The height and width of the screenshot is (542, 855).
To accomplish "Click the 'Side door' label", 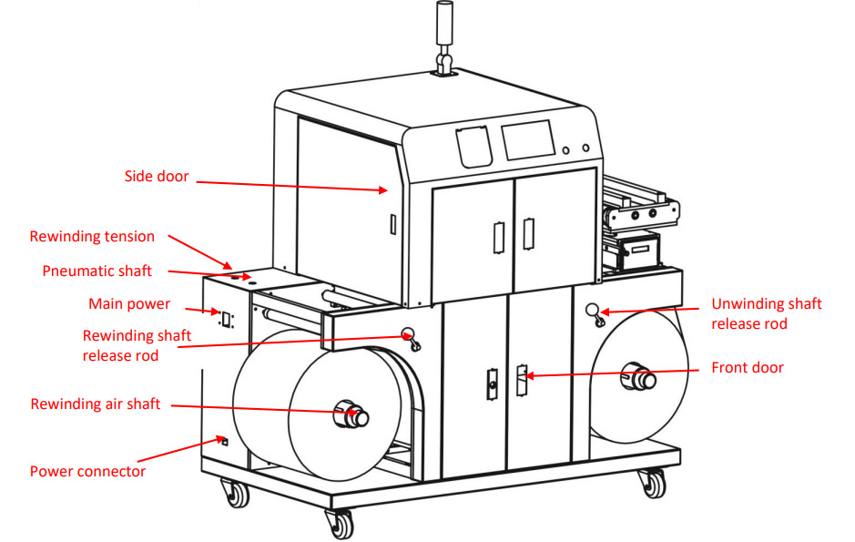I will [157, 176].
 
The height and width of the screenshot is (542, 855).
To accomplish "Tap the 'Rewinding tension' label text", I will [92, 237].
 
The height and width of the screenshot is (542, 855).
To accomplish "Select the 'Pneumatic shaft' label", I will [97, 271].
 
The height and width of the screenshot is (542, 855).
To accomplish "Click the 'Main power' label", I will [129, 303].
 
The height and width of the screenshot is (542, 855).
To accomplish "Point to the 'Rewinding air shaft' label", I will [96, 404].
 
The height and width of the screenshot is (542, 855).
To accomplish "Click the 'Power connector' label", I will [87, 471].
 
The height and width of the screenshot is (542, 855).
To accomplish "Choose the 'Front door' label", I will [747, 368].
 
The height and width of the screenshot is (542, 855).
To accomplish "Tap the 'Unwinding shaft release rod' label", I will [766, 313].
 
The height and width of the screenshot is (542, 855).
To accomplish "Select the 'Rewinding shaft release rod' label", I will [137, 345].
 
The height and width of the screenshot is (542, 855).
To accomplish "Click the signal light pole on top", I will [445, 36].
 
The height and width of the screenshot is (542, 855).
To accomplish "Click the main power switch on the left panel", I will [223, 318].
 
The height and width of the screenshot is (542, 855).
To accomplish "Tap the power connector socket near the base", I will [224, 442].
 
